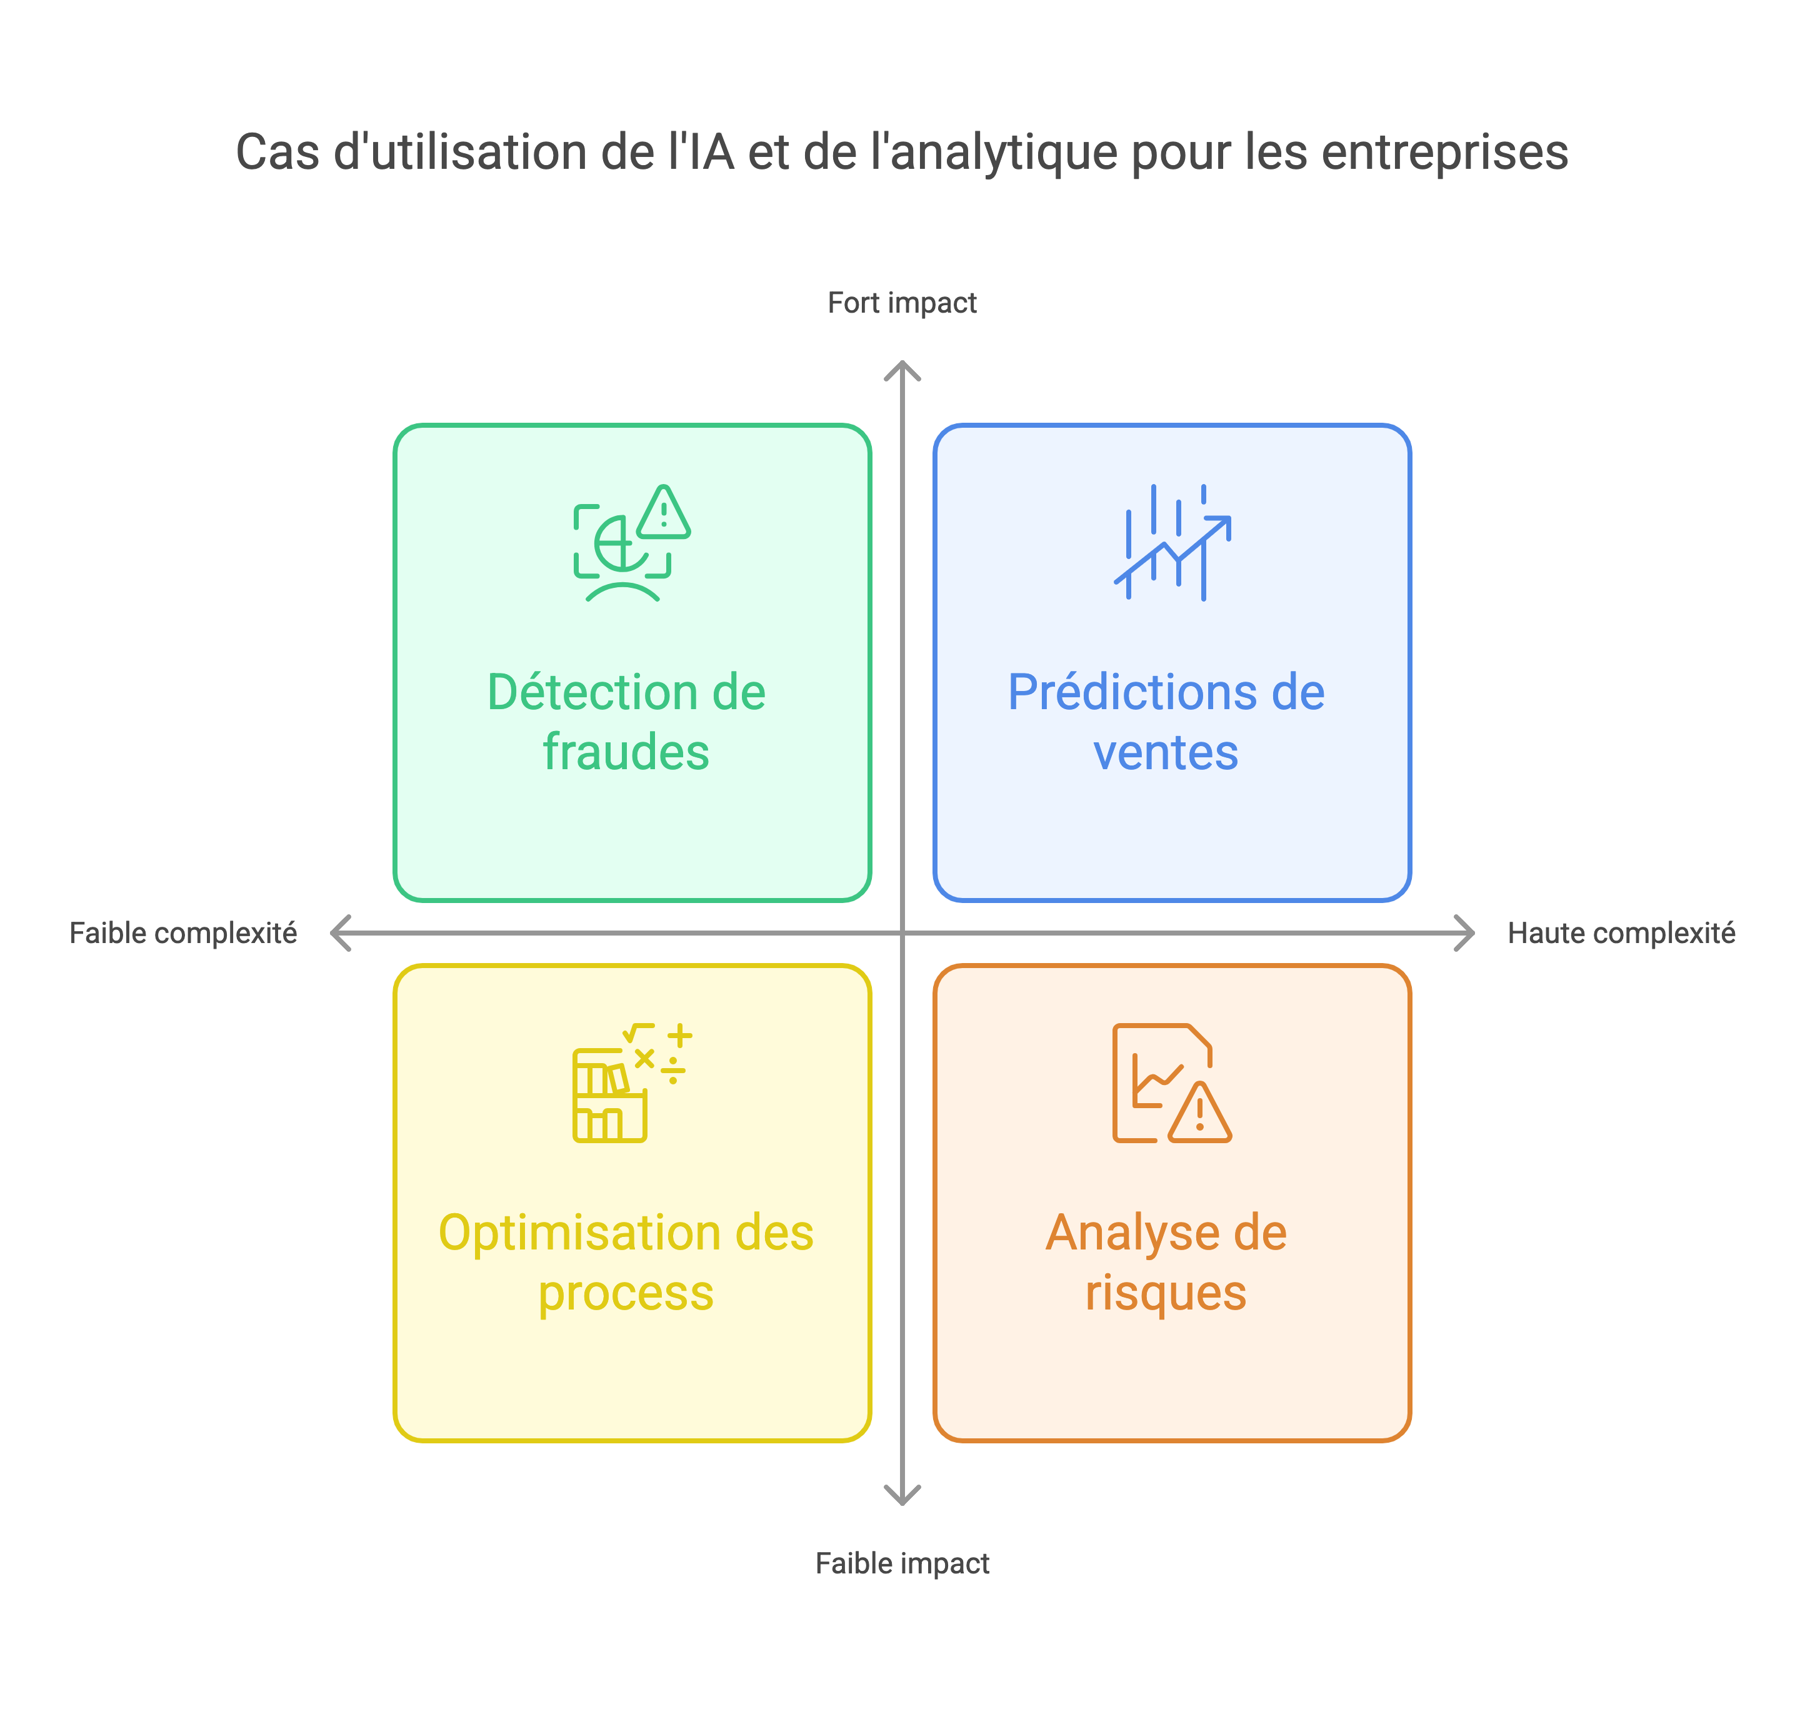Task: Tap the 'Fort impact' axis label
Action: click(x=902, y=303)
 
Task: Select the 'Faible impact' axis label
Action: click(x=902, y=1563)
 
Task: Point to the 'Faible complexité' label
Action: click(x=183, y=933)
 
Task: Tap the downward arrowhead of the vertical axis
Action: click(x=902, y=1497)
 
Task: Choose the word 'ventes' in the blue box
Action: click(x=1166, y=754)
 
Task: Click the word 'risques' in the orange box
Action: click(x=1166, y=1293)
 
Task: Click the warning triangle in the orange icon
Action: click(x=1199, y=1113)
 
